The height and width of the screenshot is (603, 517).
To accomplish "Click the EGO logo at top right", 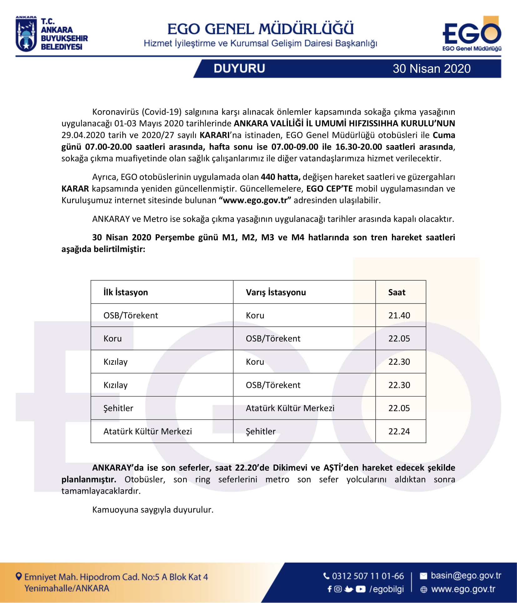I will pos(472,34).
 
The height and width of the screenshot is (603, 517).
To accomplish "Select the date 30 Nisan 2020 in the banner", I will pos(431,69).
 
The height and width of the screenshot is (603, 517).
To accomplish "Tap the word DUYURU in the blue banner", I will pos(239,69).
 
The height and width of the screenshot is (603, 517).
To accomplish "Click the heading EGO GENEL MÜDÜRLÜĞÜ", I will pos(260,29).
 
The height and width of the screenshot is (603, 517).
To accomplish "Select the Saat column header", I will pos(397,292).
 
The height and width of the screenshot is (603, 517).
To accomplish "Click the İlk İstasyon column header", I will pos(126,292).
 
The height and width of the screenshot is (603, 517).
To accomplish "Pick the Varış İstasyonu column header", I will pos(276,292).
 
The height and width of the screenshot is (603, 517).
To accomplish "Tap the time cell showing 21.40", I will pos(399,315).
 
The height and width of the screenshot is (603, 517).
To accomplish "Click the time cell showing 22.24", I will pos(399,431).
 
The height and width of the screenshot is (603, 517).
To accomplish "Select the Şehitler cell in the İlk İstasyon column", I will pos(118,408).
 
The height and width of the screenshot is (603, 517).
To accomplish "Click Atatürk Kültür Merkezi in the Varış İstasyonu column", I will pos(290,408).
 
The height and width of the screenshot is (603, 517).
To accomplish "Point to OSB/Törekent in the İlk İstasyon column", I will pos(131,315).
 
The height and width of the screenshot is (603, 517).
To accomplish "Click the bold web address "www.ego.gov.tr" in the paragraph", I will pos(255,200).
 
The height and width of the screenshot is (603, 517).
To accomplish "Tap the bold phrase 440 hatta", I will pos(280,177).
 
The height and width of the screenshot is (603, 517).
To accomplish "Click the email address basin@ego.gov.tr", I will pos(466,576).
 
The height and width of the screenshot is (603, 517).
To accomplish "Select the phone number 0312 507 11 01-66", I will pos(368,576).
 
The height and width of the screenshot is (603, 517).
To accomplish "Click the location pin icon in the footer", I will pos(19,576).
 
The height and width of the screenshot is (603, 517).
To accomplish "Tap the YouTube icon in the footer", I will pos(360,589).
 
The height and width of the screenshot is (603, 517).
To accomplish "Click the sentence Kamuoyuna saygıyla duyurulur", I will pos(153,510).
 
